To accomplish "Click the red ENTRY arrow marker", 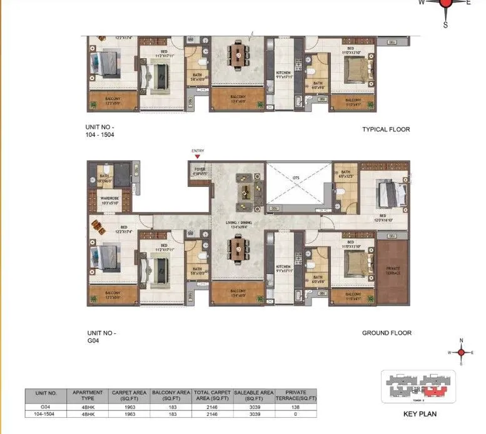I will click(x=198, y=156).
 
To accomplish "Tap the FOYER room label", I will click(x=199, y=171).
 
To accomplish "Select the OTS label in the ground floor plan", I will click(x=296, y=178).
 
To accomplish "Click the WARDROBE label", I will click(x=109, y=201).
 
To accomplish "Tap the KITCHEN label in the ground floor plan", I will click(x=283, y=266).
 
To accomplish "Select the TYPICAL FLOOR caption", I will click(x=386, y=129).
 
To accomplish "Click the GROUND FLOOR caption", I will click(x=387, y=333).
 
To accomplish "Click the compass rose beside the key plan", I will click(x=461, y=353).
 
